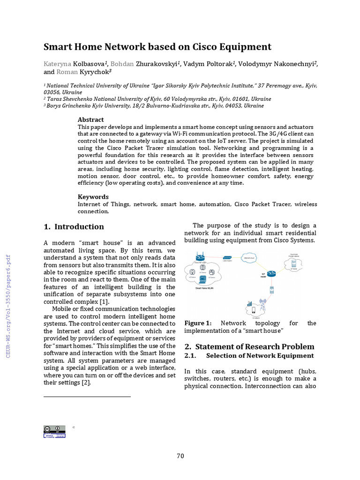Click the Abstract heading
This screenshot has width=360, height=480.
[x=90, y=120]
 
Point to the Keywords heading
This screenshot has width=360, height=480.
[x=93, y=197]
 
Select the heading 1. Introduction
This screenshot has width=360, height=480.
[x=74, y=227]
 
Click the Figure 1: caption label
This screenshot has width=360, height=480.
[x=198, y=323]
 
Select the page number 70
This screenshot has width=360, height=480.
[x=180, y=456]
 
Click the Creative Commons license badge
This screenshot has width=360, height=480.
[x=54, y=432]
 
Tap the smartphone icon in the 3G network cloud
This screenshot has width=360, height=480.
[x=254, y=309]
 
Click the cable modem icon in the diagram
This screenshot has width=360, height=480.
[x=227, y=258]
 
